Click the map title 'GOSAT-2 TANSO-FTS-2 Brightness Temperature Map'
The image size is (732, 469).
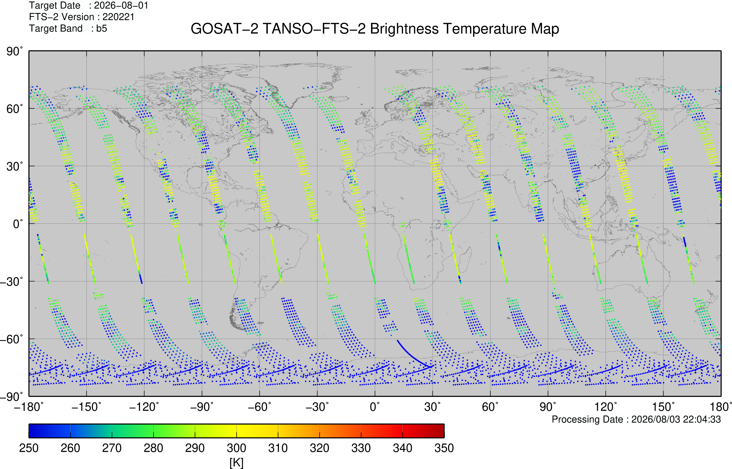[375, 29]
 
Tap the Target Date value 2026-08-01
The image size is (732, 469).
[121, 5]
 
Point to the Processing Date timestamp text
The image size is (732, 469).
[636, 419]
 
